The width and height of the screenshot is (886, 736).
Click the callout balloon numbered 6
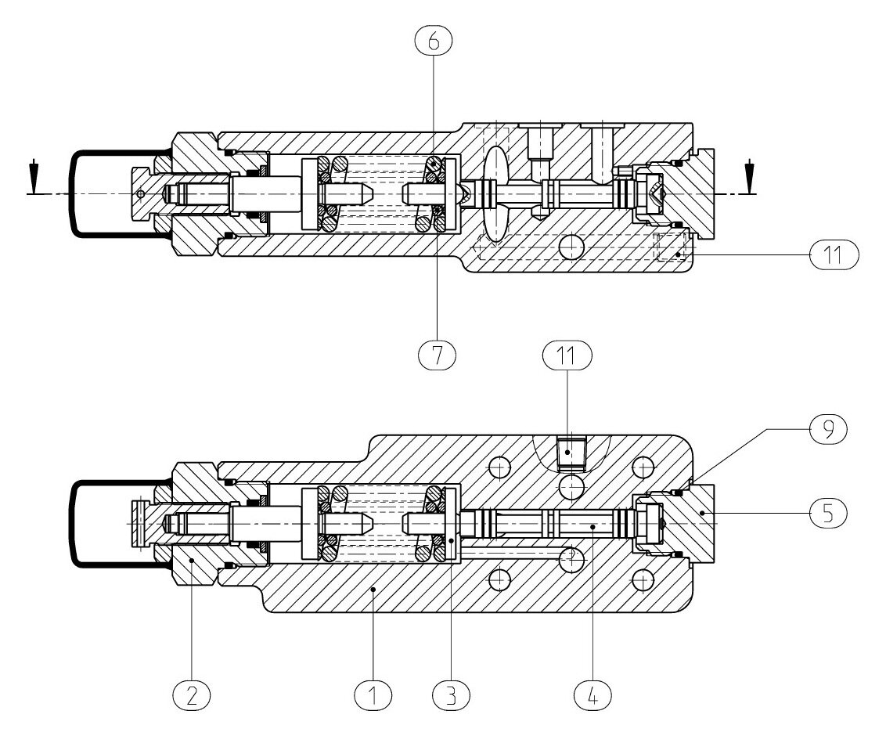pyautogui.click(x=434, y=40)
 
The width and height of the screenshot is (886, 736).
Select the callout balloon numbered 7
pyautogui.click(x=437, y=355)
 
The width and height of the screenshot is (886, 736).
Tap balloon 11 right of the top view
pyautogui.click(x=834, y=255)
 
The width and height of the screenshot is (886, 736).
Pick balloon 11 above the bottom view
pyautogui.click(x=567, y=355)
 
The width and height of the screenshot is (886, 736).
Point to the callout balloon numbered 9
pyautogui.click(x=828, y=430)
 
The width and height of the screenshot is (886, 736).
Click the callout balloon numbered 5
pyautogui.click(x=828, y=514)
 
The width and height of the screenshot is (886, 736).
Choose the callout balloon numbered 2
pyautogui.click(x=192, y=695)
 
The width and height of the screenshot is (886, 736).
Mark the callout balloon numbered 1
pyautogui.click(x=373, y=695)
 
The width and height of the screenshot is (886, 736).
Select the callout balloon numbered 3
pyautogui.click(x=451, y=695)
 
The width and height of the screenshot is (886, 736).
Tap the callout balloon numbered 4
pyautogui.click(x=592, y=695)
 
